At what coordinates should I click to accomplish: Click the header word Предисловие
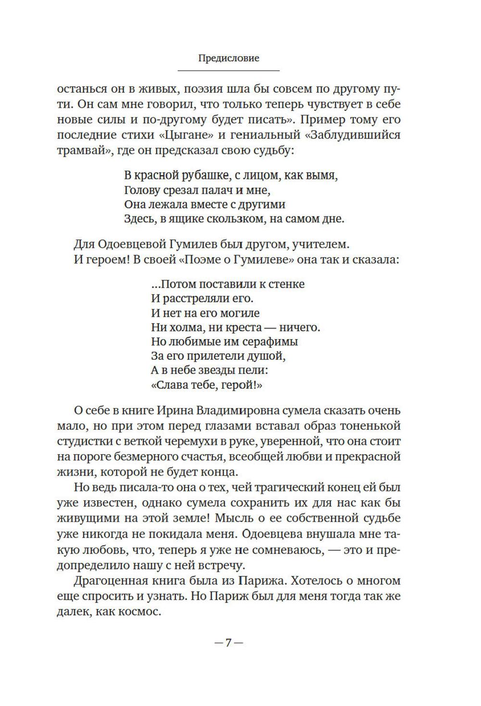[228, 58]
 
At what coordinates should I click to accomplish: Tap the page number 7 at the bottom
[228, 642]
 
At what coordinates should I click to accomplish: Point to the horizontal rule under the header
[228, 71]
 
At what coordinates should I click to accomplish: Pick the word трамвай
[79, 150]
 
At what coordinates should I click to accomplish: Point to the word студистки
[84, 441]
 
